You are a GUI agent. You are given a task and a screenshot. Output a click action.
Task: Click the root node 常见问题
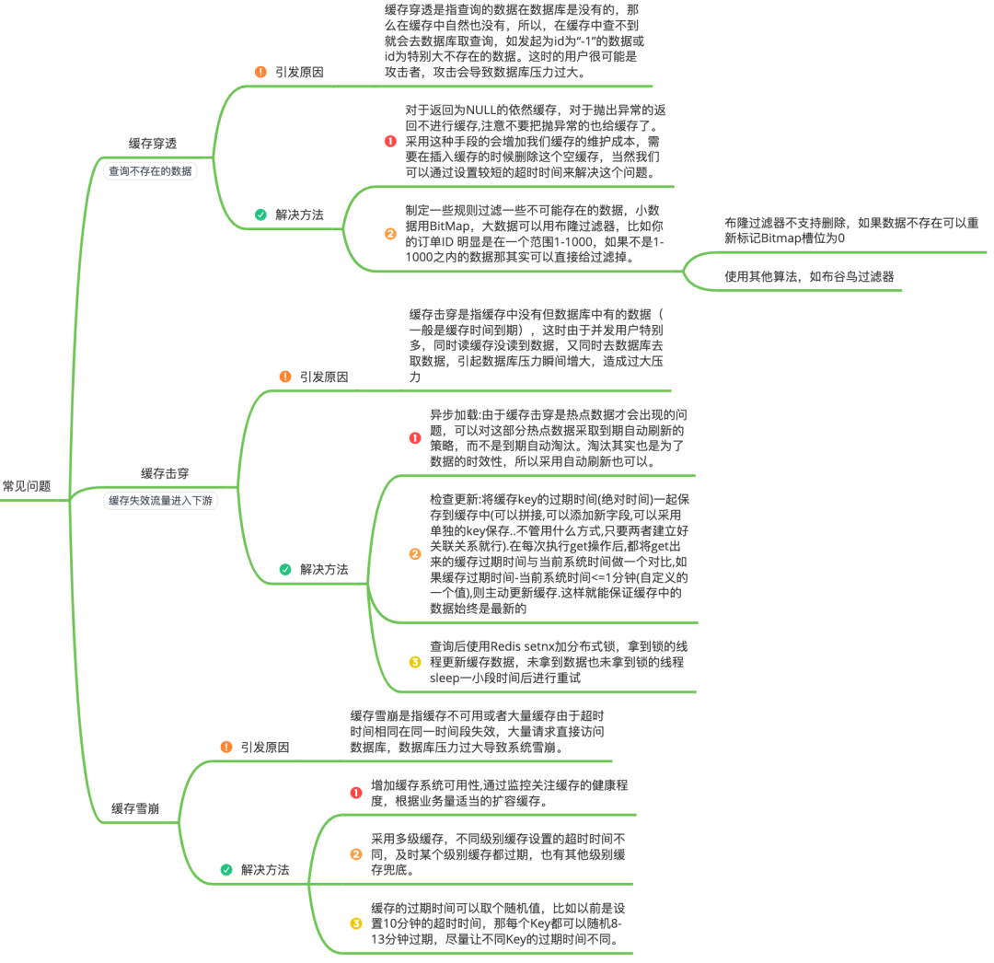tap(27, 486)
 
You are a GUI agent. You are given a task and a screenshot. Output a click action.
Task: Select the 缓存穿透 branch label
tap(153, 144)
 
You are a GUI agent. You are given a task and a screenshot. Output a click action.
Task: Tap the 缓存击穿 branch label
tap(165, 473)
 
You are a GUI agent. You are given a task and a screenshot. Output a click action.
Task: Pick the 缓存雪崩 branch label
tap(135, 808)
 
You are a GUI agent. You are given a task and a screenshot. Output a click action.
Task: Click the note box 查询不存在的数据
tap(150, 171)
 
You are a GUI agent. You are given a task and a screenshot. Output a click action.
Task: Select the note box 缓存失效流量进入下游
tap(160, 501)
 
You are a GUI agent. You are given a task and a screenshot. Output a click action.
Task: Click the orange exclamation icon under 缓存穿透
tap(260, 73)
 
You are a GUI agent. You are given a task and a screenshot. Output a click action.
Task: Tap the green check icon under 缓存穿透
tap(260, 215)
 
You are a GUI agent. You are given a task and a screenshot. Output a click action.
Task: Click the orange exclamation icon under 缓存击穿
tap(285, 377)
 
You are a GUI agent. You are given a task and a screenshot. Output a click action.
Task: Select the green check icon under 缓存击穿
tap(285, 569)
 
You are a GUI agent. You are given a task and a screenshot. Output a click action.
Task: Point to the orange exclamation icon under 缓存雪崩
tap(226, 747)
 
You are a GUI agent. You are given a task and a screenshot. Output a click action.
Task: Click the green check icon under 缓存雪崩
tap(226, 870)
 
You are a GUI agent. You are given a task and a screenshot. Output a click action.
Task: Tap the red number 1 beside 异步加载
tap(415, 438)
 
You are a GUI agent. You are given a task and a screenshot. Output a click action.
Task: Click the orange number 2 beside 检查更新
tap(415, 554)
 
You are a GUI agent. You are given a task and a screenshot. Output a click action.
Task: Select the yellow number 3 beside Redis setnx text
tap(415, 663)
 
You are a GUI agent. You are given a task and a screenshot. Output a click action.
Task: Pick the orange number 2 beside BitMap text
tap(390, 234)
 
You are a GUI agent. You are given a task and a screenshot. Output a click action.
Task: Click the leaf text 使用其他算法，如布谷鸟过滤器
tap(809, 276)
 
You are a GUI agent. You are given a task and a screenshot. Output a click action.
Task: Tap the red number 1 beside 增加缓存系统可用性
tap(356, 793)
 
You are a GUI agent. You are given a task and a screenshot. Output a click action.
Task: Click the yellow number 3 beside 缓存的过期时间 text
tap(356, 923)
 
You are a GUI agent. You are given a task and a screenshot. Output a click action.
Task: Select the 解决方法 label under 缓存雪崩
tap(265, 870)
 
